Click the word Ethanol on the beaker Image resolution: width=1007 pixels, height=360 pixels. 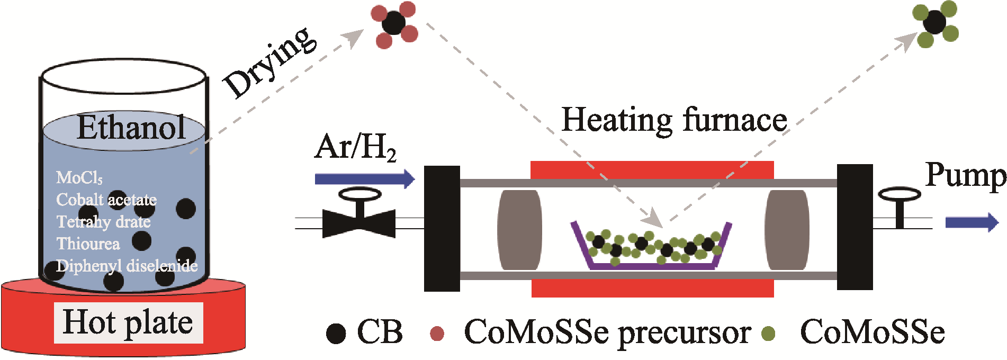point(131,128)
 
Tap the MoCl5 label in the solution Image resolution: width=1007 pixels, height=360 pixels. point(79,177)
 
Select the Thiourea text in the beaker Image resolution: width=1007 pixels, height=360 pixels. point(88,244)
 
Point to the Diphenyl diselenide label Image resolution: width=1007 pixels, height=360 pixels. point(127,266)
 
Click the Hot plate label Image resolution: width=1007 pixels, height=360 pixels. point(128,322)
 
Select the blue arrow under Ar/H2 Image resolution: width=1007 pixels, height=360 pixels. point(365,178)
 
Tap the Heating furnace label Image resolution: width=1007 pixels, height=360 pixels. point(674,120)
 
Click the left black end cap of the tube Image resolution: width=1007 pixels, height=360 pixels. point(442,228)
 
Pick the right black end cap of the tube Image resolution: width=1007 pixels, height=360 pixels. point(855,227)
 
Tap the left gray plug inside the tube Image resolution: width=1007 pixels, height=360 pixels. point(520,230)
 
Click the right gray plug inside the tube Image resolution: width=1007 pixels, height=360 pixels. point(787,230)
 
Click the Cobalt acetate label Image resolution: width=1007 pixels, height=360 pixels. point(106,200)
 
